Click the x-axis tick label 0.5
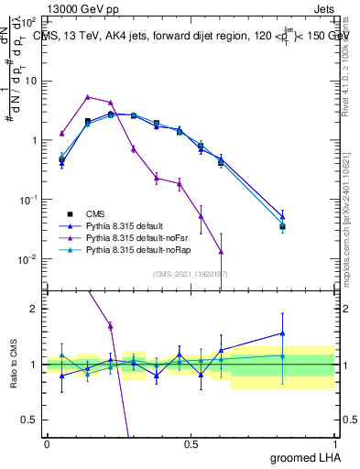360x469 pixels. pyautogui.click(x=191, y=444)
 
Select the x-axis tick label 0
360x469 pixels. pyautogui.click(x=47, y=444)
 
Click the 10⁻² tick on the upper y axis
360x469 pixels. pyautogui.click(x=27, y=259)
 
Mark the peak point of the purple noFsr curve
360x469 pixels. pyautogui.click(x=87, y=96)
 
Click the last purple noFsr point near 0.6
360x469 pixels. pyautogui.click(x=221, y=251)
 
